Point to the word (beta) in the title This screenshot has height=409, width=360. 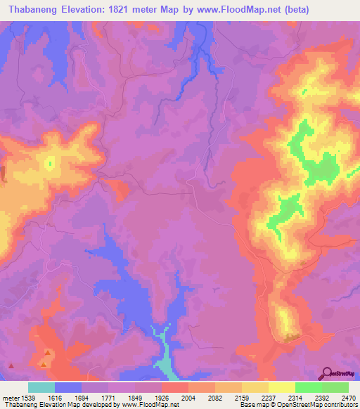294,9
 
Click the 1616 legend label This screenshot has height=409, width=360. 55,398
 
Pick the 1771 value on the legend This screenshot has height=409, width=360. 108,398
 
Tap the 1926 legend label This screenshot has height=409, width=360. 162,398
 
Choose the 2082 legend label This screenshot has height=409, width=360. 215,398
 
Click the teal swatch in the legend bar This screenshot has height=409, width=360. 41,387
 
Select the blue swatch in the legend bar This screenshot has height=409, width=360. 68,387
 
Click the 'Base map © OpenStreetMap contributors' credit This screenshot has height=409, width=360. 297,405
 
